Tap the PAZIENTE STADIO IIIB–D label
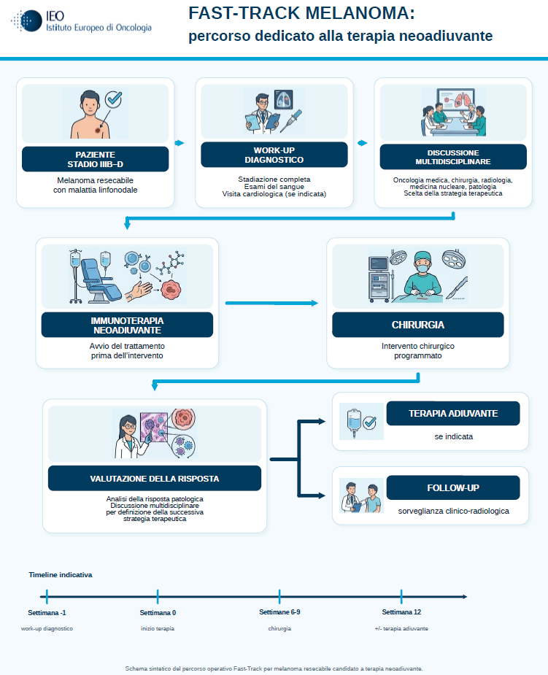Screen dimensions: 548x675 pyautogui.click(x=95, y=159)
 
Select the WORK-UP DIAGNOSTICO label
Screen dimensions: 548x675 pyautogui.click(x=274, y=155)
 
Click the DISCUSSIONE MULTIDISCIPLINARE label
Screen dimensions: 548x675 pyautogui.click(x=453, y=157)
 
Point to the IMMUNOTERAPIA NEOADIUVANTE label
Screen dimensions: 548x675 pyautogui.click(x=127, y=325)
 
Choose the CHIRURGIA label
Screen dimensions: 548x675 pyautogui.click(x=418, y=325)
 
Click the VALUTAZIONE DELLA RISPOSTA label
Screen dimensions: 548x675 pyautogui.click(x=155, y=478)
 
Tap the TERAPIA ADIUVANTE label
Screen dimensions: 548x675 pyautogui.click(x=453, y=414)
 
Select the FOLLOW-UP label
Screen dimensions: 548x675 pyautogui.click(x=453, y=487)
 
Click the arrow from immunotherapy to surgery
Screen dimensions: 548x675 pyautogui.click(x=271, y=303)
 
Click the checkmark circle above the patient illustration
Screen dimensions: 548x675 pyautogui.click(x=114, y=99)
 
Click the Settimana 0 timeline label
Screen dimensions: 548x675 pyautogui.click(x=158, y=612)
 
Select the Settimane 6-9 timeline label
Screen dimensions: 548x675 pyautogui.click(x=279, y=612)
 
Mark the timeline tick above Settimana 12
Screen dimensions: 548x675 pyautogui.click(x=401, y=597)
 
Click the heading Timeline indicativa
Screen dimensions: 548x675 pyautogui.click(x=61, y=575)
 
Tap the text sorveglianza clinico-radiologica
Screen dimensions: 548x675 pyautogui.click(x=453, y=511)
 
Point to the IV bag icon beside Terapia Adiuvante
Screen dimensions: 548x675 pyautogui.click(x=354, y=423)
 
